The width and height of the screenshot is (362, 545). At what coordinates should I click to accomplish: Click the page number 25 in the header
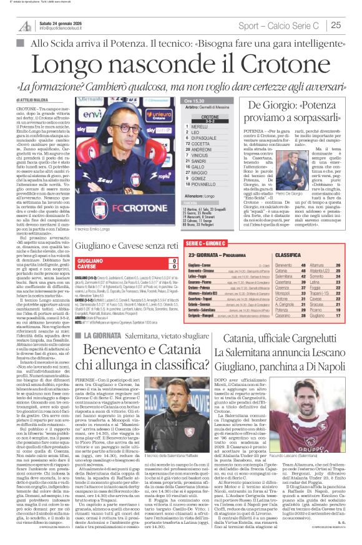(x=351, y=26)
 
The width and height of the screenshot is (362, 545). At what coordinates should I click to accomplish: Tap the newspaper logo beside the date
(x=24, y=26)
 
